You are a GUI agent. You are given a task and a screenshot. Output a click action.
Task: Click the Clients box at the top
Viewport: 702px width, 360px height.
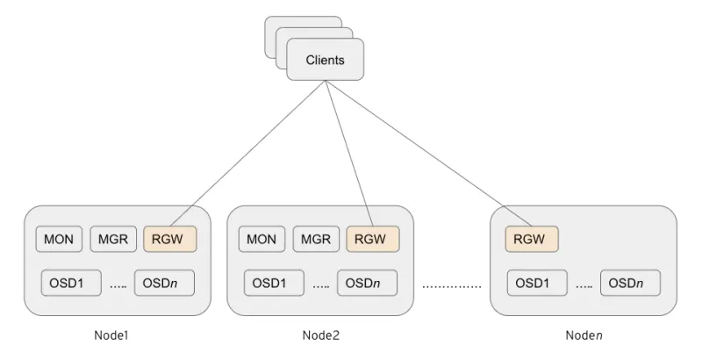[325, 61]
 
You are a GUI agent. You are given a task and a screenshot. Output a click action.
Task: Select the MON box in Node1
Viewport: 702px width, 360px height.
[59, 238]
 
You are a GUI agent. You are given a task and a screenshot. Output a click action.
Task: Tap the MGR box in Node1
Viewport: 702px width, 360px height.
[112, 238]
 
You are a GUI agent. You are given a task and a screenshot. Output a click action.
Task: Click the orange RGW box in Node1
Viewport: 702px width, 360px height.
[169, 238]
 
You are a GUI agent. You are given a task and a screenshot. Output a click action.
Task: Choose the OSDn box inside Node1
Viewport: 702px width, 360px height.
[163, 283]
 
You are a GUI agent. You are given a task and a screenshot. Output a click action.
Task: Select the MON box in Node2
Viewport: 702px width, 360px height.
[261, 238]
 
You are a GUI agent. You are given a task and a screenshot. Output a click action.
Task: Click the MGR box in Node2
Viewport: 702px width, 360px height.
[315, 238]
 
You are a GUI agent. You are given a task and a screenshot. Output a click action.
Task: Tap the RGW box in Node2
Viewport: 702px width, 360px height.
[372, 238]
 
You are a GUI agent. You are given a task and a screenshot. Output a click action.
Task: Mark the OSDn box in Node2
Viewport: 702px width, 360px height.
[366, 283]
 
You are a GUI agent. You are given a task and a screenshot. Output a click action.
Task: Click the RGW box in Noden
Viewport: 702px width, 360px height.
[532, 238]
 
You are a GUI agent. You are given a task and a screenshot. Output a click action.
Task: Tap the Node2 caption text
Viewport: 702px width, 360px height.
[319, 335]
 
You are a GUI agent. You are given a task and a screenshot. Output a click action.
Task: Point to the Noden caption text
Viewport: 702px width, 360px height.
[584, 335]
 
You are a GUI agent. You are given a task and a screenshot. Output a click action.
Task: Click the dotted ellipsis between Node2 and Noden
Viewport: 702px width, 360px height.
[451, 286]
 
